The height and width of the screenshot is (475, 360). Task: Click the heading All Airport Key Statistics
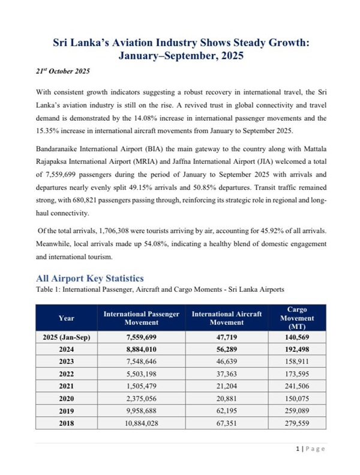(89, 278)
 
